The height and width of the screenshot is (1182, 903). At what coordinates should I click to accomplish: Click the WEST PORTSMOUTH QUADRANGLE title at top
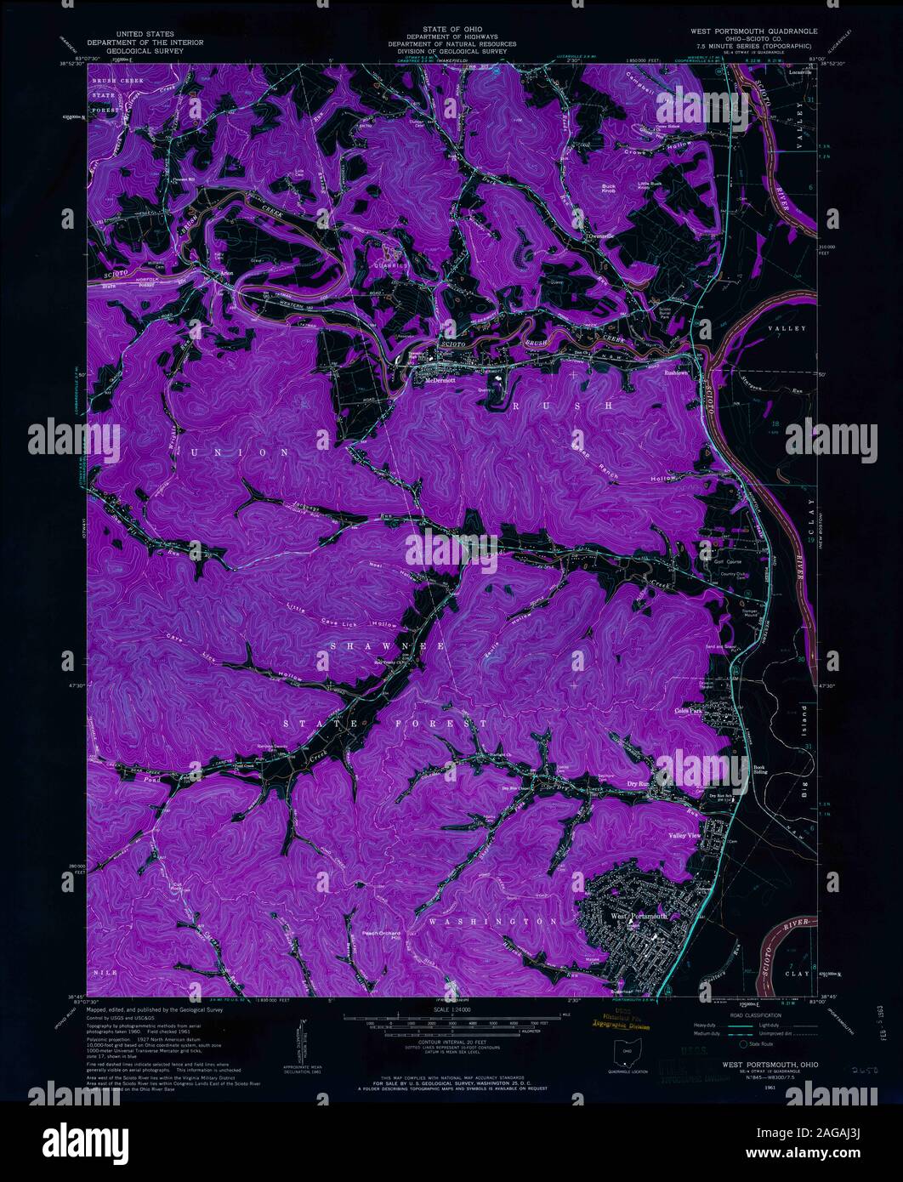click(x=749, y=31)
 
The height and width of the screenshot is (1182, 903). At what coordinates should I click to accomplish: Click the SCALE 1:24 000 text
click(x=451, y=1009)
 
